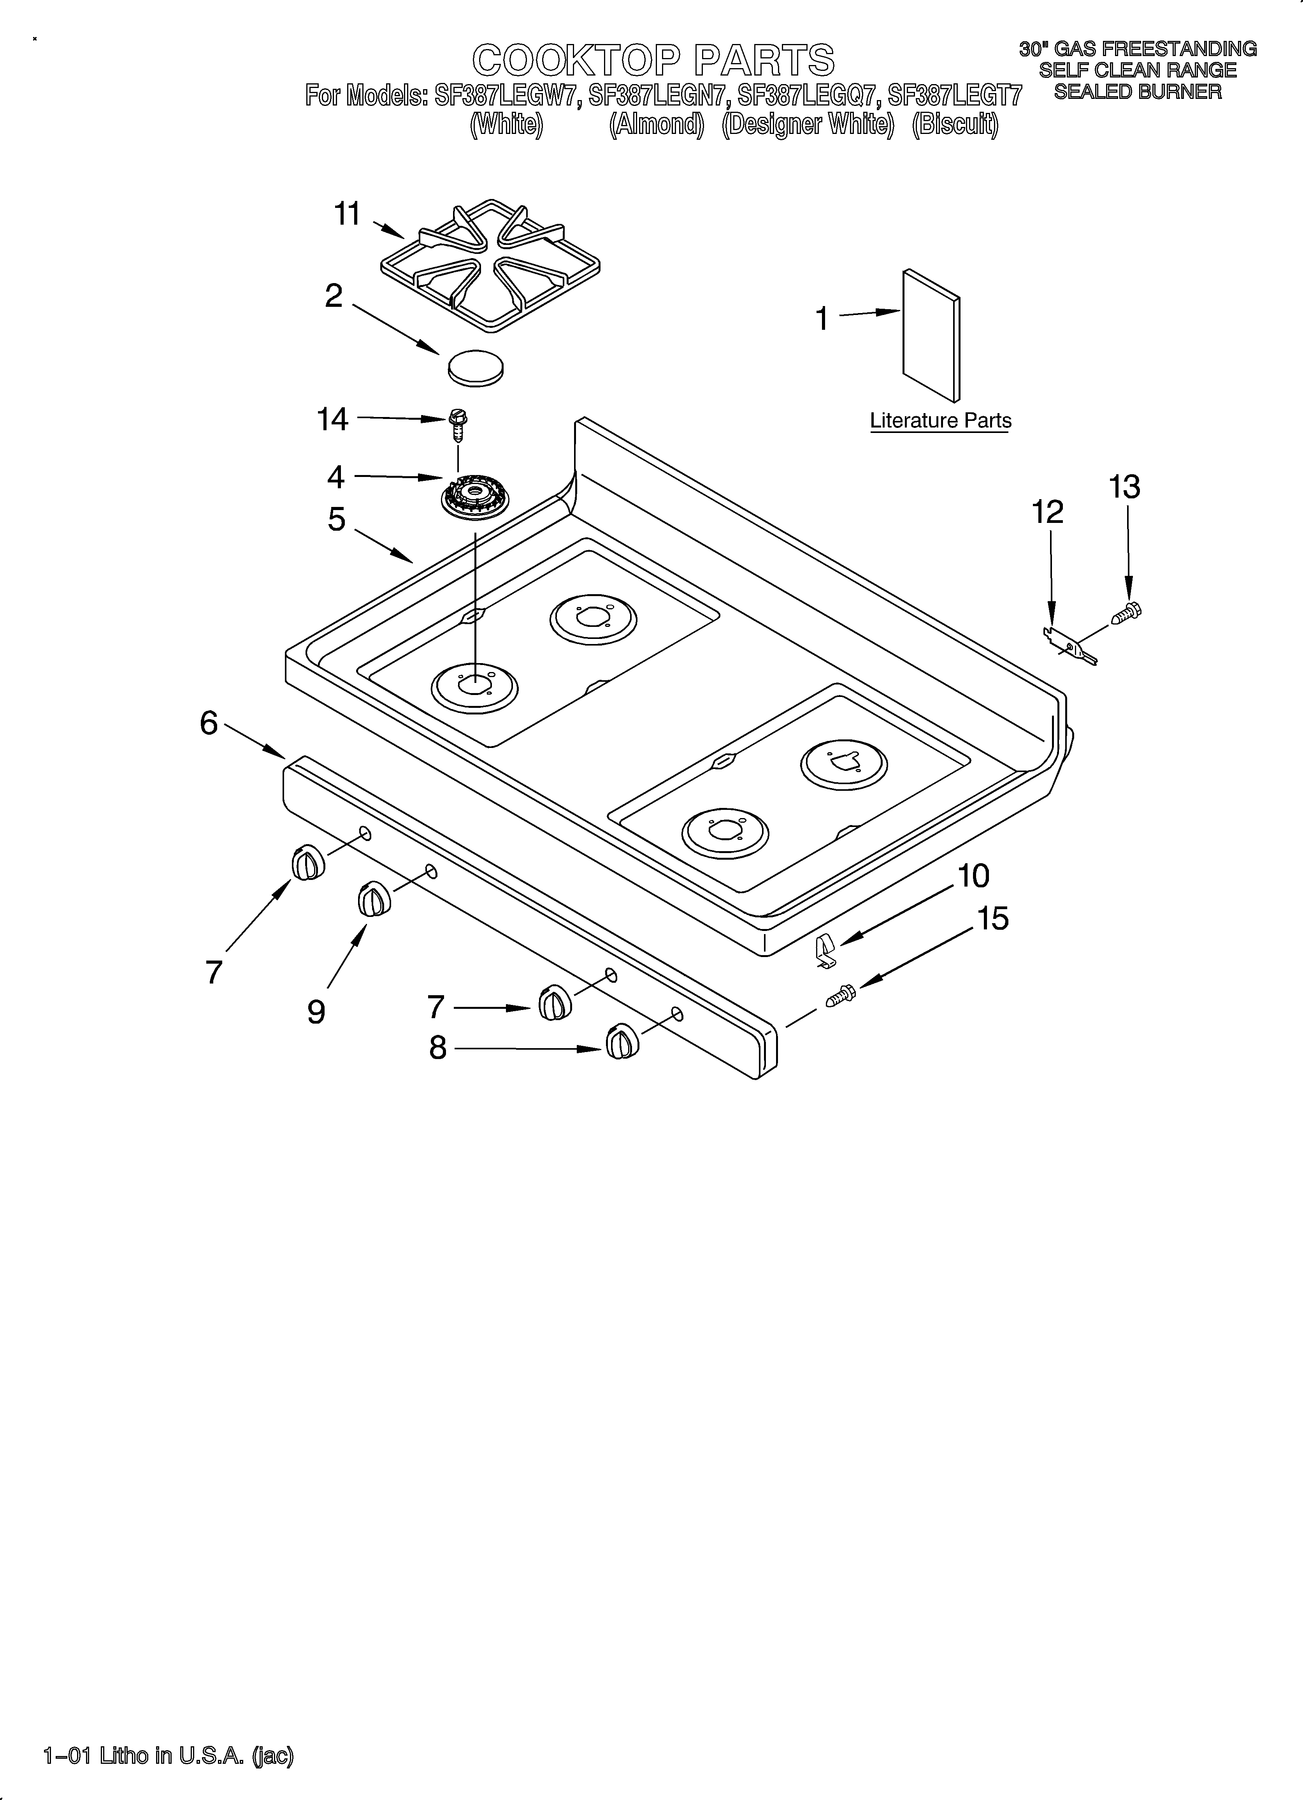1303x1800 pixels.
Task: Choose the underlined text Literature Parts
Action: point(940,421)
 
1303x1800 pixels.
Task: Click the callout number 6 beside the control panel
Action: point(209,723)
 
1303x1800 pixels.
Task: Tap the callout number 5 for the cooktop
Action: point(337,520)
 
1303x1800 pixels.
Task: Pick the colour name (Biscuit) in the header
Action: point(955,125)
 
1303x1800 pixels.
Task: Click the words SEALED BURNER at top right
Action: point(1137,92)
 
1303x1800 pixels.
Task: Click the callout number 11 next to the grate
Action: point(348,214)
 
